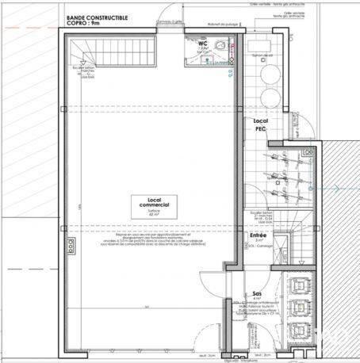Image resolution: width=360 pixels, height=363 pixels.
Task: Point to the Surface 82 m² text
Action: coord(148,214)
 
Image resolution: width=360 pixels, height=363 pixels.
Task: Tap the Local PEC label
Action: coord(260,124)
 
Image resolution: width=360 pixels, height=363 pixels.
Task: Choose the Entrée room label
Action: coord(259,235)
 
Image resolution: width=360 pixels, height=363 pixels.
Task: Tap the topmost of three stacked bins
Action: coord(301,283)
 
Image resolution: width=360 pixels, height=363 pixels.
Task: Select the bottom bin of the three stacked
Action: coord(301,331)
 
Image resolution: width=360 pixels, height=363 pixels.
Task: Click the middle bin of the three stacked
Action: coord(301,307)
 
